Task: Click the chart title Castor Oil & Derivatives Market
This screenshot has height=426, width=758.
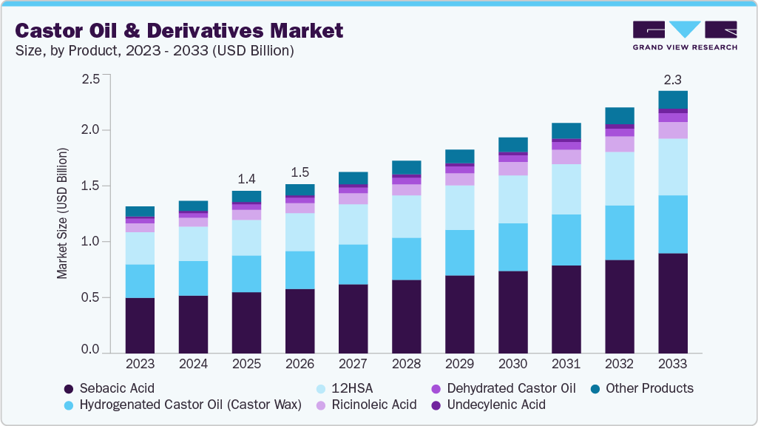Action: pyautogui.click(x=179, y=30)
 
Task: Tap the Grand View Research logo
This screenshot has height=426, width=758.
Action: pyautogui.click(x=685, y=35)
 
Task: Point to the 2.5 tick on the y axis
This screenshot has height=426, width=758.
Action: pyautogui.click(x=90, y=78)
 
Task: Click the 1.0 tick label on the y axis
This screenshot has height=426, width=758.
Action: pyautogui.click(x=90, y=242)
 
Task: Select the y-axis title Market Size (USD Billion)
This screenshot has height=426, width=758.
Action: pyautogui.click(x=62, y=213)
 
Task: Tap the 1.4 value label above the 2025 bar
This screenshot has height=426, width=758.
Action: pyautogui.click(x=246, y=178)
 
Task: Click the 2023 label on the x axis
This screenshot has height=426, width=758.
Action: pyautogui.click(x=140, y=365)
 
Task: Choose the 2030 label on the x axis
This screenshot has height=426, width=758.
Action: pyautogui.click(x=513, y=365)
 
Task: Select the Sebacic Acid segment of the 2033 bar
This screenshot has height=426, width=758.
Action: pyautogui.click(x=673, y=303)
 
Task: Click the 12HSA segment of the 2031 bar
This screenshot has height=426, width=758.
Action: pyautogui.click(x=566, y=189)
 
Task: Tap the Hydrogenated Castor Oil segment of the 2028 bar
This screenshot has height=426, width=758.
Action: pyautogui.click(x=406, y=259)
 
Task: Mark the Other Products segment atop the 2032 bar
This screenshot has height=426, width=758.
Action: pyautogui.click(x=620, y=115)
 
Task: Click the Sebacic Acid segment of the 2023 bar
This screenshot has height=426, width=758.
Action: pyautogui.click(x=140, y=325)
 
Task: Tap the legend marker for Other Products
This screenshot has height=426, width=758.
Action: pyautogui.click(x=596, y=388)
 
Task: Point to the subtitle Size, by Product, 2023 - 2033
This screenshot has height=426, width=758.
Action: pyautogui.click(x=155, y=51)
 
